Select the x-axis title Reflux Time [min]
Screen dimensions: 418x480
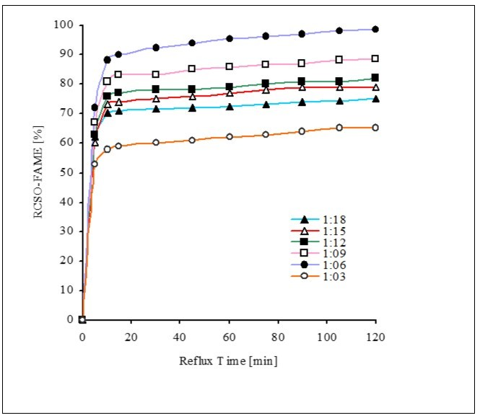click(x=229, y=360)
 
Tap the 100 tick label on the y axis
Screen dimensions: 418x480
click(x=64, y=25)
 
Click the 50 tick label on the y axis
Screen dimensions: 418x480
click(x=67, y=172)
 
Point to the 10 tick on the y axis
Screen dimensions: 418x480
click(x=67, y=290)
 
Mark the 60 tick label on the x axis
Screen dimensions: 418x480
click(x=229, y=339)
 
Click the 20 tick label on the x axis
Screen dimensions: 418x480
click(x=131, y=339)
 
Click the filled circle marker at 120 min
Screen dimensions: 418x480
click(x=375, y=30)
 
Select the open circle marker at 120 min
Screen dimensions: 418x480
click(x=375, y=128)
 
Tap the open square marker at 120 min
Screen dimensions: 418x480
click(x=375, y=58)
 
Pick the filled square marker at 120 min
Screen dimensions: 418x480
click(x=375, y=78)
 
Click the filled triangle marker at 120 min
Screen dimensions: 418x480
click(x=375, y=99)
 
